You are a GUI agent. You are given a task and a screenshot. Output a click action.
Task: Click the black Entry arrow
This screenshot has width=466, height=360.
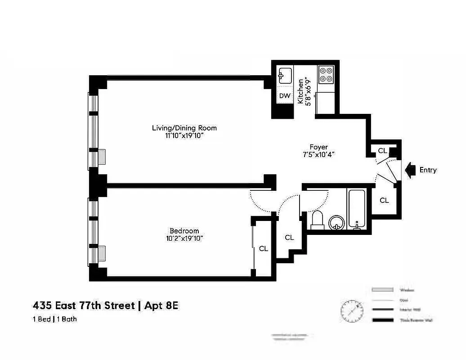coord(410,170)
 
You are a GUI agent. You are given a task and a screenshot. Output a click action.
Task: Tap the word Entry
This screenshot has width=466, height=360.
coord(428,170)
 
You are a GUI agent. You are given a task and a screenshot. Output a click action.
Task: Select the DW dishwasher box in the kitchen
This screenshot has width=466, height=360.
coord(285,96)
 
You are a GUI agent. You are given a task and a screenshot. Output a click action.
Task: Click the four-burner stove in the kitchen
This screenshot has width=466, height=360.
coord(326,74)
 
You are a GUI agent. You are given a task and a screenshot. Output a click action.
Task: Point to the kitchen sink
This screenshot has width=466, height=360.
coord(285,75)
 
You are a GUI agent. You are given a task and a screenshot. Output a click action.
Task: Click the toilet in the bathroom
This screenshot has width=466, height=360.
coord(317,220)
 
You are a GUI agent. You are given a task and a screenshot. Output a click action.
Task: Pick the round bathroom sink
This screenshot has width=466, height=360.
coord(336,222)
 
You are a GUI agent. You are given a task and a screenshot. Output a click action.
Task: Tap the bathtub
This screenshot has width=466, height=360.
coord(356,209)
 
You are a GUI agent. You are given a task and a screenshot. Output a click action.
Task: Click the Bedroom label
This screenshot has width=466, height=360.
coord(184,231)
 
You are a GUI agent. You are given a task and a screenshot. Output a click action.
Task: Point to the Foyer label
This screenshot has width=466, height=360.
coord(318,147)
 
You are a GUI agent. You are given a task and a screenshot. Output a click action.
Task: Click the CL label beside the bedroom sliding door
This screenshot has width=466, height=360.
coord(263,248)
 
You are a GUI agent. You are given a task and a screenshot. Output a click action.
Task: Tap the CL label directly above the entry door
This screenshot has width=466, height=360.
coord(382,151)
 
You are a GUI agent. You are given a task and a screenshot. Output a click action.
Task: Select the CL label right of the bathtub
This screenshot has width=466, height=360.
coord(384,200)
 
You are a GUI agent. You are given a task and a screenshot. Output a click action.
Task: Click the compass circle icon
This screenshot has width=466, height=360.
coord(352,310)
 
